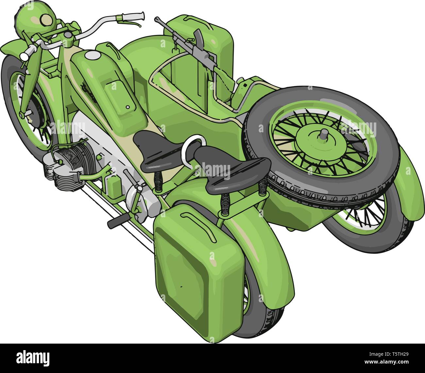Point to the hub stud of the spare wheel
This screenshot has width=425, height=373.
(x=324, y=133)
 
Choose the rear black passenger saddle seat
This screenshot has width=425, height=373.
(x=231, y=168)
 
